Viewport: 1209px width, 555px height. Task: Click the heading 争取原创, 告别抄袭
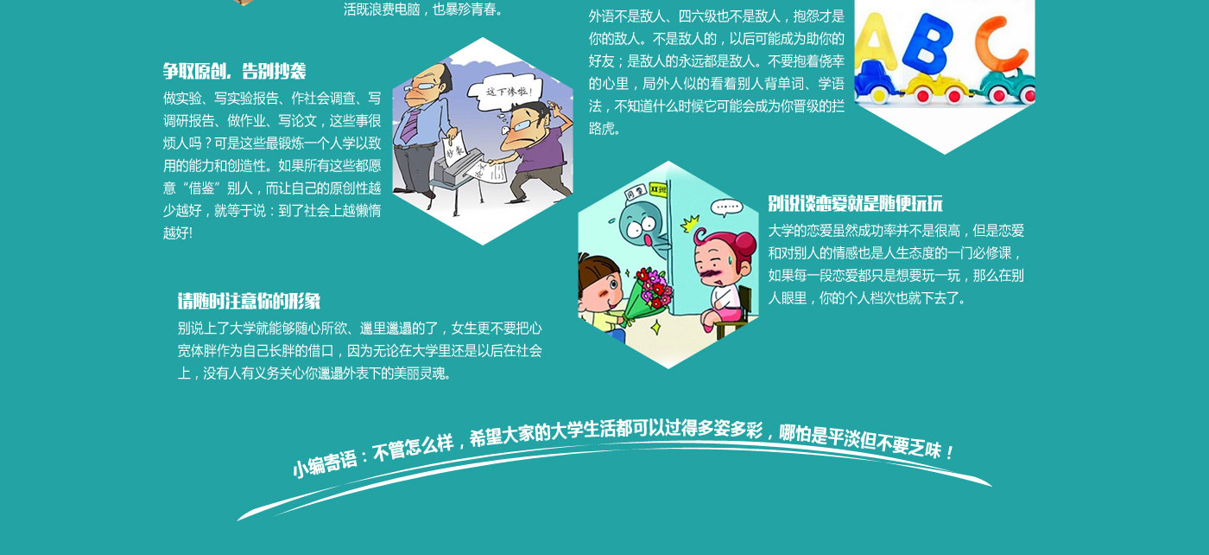(235, 72)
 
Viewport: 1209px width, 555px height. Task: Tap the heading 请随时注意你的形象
(249, 301)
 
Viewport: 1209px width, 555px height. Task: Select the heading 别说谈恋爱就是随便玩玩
(856, 204)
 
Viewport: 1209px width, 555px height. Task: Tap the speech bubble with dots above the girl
(726, 207)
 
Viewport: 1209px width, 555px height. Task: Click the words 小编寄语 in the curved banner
(325, 464)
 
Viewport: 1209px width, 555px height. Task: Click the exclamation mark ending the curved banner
(949, 452)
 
